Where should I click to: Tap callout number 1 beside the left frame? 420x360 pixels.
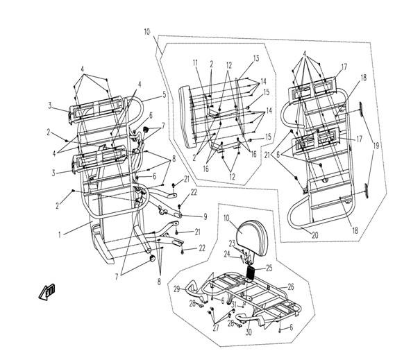click(x=60, y=236)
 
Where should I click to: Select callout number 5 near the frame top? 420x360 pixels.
click(x=164, y=94)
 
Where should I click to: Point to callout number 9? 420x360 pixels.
click(x=185, y=216)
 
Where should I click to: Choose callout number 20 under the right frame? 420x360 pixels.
click(x=314, y=236)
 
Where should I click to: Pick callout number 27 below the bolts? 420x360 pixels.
click(x=215, y=328)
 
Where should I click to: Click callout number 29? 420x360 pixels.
click(x=177, y=288)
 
